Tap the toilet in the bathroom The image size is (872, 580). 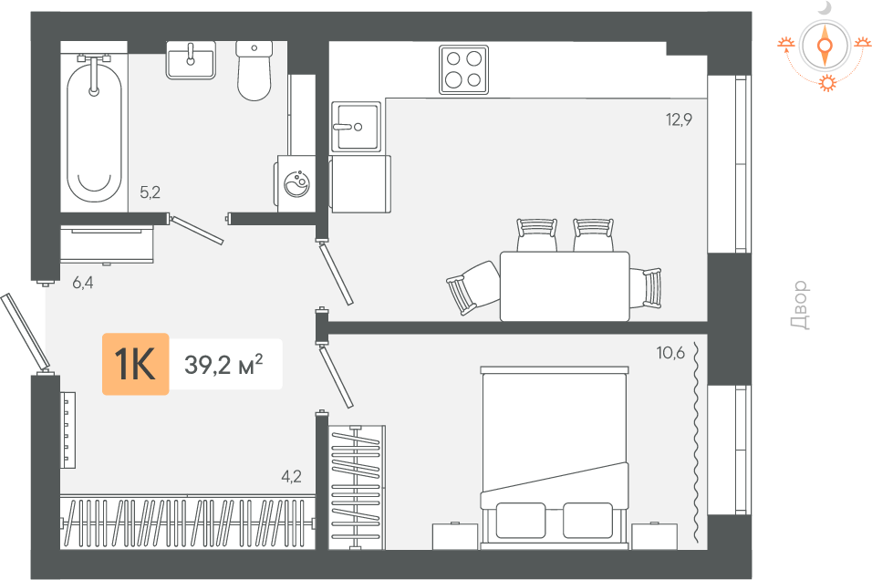tap(254, 70)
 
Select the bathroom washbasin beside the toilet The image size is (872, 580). tap(191, 60)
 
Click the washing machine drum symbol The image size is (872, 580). tap(297, 182)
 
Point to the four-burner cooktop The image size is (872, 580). tap(463, 69)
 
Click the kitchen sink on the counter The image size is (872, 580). tap(356, 127)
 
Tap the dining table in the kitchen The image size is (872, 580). tap(565, 285)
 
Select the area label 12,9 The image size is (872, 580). tap(679, 119)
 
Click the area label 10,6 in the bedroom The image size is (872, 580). tap(670, 353)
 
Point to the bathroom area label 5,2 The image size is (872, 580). tap(151, 192)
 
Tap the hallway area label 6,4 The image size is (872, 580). tap(83, 283)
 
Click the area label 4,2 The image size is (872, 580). tap(291, 477)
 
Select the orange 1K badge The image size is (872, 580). tap(135, 364)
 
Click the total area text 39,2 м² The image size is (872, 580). tap(223, 365)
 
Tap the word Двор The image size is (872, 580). tap(800, 305)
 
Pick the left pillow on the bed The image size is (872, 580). tap(521, 521)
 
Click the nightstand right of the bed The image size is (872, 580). tap(654, 535)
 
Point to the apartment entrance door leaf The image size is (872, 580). tap(25, 332)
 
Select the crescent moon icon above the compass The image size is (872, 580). tap(825, 8)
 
